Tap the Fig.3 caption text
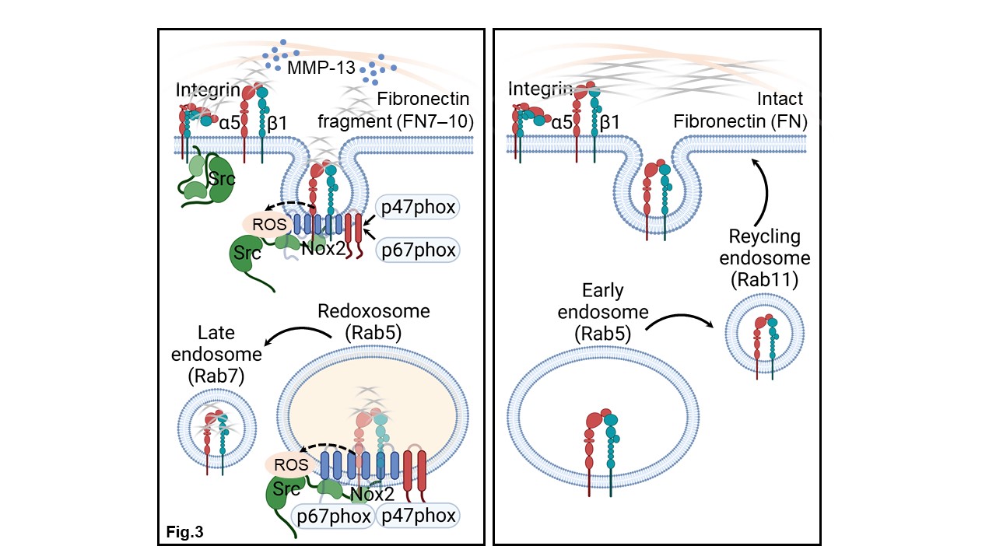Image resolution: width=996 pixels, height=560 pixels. click(x=185, y=532)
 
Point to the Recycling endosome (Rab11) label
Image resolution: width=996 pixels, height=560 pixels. click(x=765, y=258)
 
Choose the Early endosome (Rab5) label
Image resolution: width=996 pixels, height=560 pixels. click(x=604, y=313)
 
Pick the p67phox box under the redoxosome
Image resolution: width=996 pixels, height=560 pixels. click(x=332, y=516)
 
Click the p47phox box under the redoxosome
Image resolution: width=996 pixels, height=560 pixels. click(x=417, y=516)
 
